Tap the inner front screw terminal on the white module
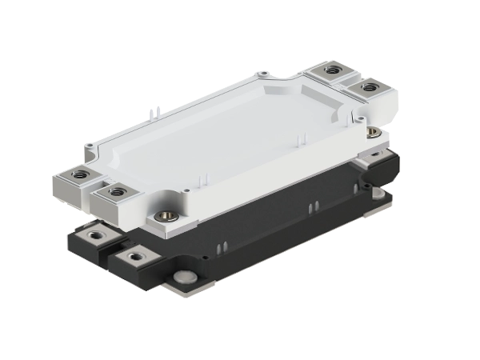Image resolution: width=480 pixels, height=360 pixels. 117,191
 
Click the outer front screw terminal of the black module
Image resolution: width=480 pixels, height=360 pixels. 95,234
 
